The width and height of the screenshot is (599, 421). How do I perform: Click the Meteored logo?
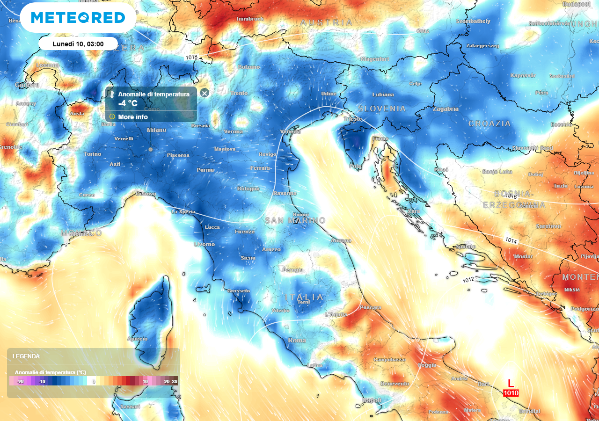click(78, 17)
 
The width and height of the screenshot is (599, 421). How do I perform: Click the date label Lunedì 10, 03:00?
click(78, 44)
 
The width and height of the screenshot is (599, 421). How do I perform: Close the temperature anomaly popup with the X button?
click(205, 93)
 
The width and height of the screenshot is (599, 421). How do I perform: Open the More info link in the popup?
click(132, 117)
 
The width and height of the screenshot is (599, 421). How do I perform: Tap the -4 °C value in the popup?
click(128, 103)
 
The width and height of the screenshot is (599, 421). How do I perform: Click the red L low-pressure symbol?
click(511, 384)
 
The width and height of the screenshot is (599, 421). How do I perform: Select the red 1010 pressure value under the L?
click(511, 393)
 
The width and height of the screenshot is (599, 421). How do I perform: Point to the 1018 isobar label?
click(191, 58)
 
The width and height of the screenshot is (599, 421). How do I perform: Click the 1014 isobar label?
click(511, 240)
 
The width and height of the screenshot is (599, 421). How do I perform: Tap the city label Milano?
click(156, 130)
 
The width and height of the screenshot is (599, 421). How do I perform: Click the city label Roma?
click(297, 341)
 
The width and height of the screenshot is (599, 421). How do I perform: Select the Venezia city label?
click(290, 131)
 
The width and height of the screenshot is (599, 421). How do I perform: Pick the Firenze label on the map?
click(245, 232)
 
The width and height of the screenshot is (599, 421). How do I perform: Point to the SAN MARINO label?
click(295, 220)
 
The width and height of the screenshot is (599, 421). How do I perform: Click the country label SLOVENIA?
click(382, 109)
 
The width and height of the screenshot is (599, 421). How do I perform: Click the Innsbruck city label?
click(250, 19)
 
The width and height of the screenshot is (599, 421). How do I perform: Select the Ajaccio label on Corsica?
click(138, 339)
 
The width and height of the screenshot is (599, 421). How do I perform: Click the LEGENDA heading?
click(26, 356)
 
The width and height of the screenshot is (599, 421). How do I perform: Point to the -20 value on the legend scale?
click(20, 382)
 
